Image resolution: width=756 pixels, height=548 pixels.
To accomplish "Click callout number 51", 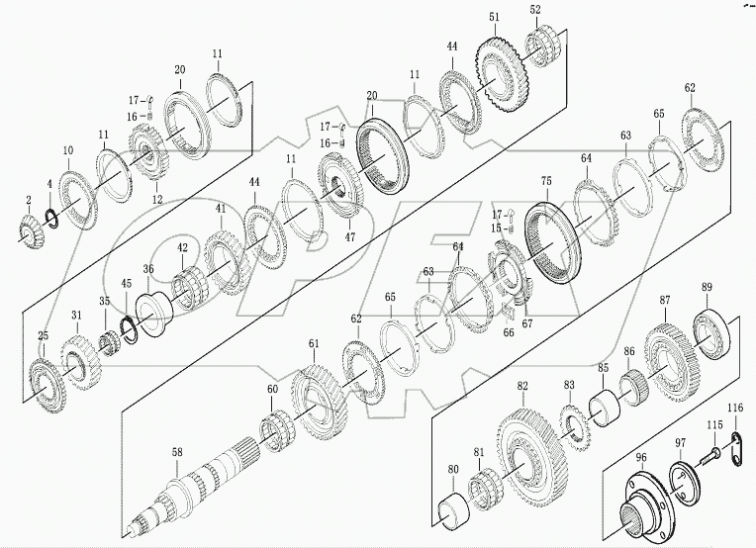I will point(494,17).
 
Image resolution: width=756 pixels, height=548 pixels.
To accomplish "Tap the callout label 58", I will point(176,452).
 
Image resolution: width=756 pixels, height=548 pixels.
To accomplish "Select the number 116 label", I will point(735,409).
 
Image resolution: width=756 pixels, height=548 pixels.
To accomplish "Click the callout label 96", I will point(640,457).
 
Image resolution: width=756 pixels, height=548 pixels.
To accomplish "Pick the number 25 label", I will point(43,336).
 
